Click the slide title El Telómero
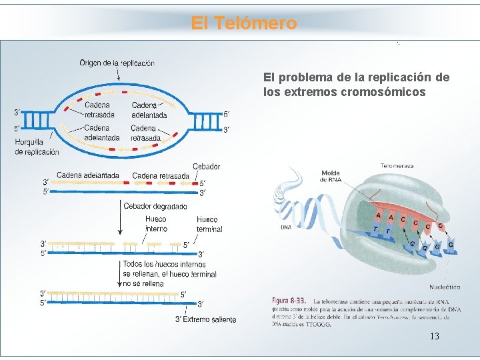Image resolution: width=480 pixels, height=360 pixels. (243, 23)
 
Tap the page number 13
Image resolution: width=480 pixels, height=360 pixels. (435, 336)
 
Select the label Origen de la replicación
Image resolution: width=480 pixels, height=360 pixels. (117, 63)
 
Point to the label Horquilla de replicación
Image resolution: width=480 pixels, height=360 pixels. (37, 147)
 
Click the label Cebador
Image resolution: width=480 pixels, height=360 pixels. (206, 166)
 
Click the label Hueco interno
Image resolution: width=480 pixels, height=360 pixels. (156, 224)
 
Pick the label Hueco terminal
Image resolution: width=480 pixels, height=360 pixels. (209, 224)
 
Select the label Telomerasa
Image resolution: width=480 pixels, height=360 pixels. (397, 165)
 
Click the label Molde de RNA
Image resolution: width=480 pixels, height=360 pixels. (330, 177)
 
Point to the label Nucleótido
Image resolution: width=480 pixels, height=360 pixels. (445, 287)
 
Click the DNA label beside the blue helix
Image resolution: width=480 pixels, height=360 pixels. (285, 227)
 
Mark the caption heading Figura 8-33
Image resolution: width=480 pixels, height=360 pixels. (289, 302)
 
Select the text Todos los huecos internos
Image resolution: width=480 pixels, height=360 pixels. (164, 265)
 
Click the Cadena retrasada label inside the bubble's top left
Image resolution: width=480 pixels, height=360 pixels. (99, 109)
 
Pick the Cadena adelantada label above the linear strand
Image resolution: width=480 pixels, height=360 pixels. (88, 175)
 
